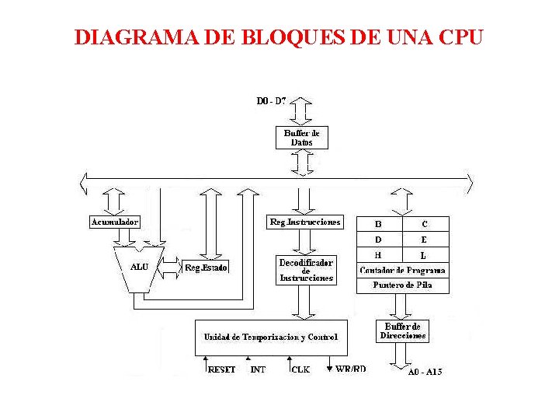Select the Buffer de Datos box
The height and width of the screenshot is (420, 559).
pyautogui.click(x=301, y=138)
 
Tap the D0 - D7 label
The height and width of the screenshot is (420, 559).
pyautogui.click(x=271, y=101)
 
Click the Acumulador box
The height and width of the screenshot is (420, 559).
pyautogui.click(x=114, y=222)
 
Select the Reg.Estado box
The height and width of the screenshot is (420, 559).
pyautogui.click(x=206, y=268)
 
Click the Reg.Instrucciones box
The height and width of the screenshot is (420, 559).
pyautogui.click(x=304, y=222)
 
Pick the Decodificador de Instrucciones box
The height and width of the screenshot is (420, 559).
pyautogui.click(x=306, y=270)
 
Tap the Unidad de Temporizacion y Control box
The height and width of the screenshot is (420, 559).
pyautogui.click(x=271, y=337)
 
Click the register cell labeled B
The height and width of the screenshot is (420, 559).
pyautogui.click(x=379, y=224)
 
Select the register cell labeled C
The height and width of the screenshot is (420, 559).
pyautogui.click(x=425, y=224)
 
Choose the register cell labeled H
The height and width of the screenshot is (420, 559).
pyautogui.click(x=379, y=255)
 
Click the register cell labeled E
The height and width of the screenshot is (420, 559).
pyautogui.click(x=425, y=240)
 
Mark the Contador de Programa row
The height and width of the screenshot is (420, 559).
pyautogui.click(x=402, y=271)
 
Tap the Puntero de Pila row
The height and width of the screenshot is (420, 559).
pyautogui.click(x=402, y=285)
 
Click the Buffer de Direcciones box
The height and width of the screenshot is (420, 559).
pyautogui.click(x=402, y=331)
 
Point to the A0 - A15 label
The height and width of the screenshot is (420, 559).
pyautogui.click(x=425, y=372)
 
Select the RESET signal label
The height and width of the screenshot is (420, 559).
pyautogui.click(x=221, y=369)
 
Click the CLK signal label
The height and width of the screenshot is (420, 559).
pyautogui.click(x=300, y=369)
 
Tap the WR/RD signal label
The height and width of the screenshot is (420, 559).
pyautogui.click(x=350, y=369)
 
